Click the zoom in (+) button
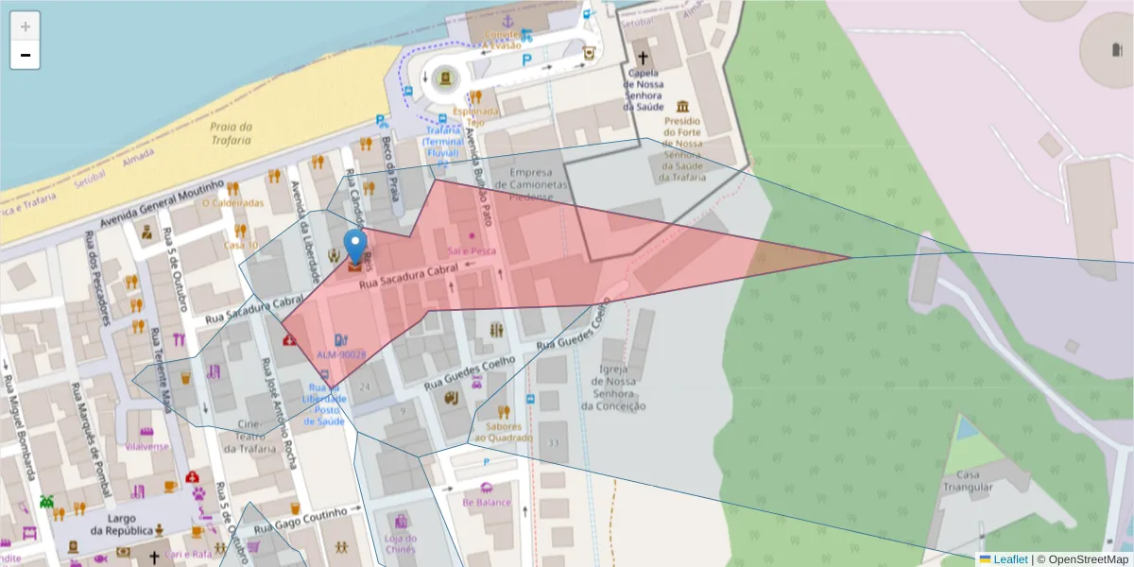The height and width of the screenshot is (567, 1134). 25,26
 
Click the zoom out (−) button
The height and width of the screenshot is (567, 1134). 25,55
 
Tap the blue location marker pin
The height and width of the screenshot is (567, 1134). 355,246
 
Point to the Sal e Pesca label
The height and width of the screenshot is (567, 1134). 472,250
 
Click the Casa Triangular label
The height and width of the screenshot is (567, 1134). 967,481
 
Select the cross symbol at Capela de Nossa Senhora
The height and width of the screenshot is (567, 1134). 643,58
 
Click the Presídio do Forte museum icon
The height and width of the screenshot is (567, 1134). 682,106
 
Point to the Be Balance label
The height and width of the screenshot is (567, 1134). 486,502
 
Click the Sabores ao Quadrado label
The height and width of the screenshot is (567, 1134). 504,431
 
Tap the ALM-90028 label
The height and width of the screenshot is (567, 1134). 340,354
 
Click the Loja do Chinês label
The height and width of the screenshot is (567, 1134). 401,543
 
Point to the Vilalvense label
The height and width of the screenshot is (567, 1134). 146,445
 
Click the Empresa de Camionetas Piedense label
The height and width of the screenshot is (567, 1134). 537,185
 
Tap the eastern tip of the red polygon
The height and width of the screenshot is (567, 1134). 850,257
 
